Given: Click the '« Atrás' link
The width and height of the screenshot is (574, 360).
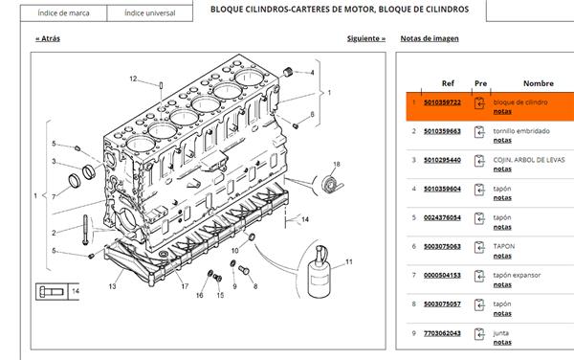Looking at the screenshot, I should (x=47, y=39).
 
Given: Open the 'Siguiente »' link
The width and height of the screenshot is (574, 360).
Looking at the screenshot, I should (x=366, y=39).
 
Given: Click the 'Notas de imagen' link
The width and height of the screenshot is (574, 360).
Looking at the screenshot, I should (x=429, y=39).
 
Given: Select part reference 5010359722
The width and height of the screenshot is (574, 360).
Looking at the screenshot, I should (x=442, y=102).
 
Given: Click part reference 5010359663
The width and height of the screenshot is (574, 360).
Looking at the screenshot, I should (x=442, y=131).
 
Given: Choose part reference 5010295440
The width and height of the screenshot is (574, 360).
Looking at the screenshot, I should (x=442, y=160).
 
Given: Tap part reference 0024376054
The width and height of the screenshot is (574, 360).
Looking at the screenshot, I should (x=442, y=217).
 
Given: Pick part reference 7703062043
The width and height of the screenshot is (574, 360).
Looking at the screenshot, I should (x=442, y=332).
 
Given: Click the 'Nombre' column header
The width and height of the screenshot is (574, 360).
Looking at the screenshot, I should (x=538, y=83).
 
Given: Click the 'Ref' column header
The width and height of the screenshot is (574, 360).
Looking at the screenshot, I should (x=448, y=83).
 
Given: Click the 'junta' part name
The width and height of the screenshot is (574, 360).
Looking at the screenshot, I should (x=501, y=332).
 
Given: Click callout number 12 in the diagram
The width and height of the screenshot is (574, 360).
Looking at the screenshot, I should (x=134, y=79).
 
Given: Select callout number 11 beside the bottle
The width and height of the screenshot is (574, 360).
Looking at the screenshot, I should (x=349, y=261).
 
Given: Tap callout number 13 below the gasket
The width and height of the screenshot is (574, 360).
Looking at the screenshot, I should (x=112, y=285).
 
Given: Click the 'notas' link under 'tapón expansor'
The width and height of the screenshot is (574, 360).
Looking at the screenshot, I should (x=502, y=283).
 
